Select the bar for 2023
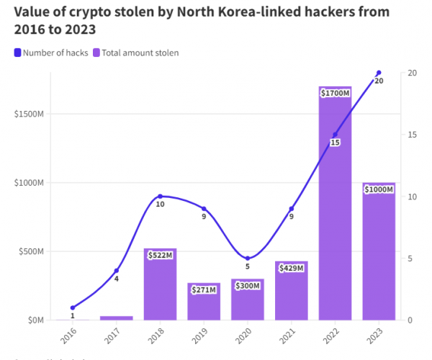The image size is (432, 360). [379, 252]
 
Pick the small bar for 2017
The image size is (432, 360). [116, 318]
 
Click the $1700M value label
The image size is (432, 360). [335, 93]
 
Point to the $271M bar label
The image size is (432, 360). [204, 289]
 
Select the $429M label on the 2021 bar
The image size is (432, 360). [292, 268]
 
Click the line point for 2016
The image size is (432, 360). [73, 307]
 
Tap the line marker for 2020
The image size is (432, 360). [248, 258]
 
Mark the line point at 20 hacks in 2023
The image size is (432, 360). [379, 73]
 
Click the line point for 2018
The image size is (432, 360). [160, 196]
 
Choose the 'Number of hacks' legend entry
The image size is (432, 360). [50, 53]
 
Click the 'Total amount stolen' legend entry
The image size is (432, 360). [136, 53]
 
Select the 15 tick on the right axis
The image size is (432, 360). [410, 135]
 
